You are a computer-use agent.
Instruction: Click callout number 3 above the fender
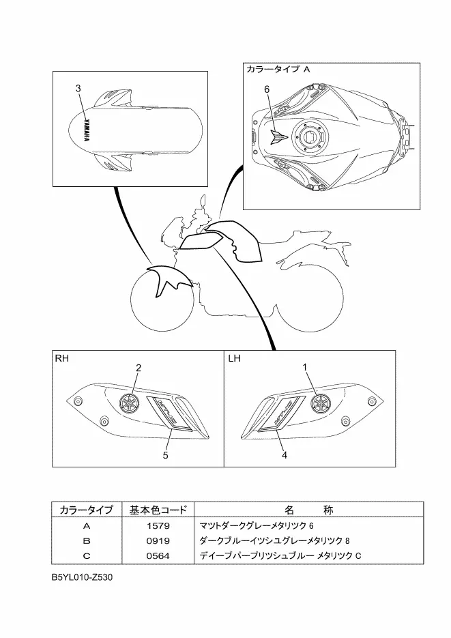(78, 89)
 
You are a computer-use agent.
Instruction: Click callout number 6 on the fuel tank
(267, 89)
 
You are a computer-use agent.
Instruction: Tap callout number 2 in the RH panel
(138, 368)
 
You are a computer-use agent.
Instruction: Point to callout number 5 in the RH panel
(165, 456)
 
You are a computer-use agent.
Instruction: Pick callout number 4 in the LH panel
(284, 455)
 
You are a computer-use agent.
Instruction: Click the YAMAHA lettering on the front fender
(87, 130)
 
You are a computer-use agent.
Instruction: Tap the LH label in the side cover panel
(235, 357)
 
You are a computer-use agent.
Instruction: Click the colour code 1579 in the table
(158, 526)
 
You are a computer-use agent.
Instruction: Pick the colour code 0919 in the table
(158, 540)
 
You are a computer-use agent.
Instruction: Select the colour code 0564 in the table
(158, 555)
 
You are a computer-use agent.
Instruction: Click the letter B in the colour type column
(86, 540)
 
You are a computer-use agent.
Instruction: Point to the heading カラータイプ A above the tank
(278, 70)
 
